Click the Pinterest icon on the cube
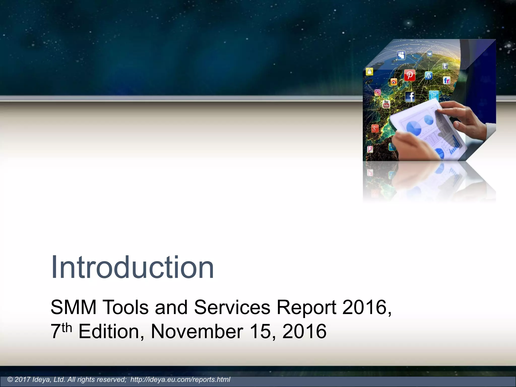click(x=409, y=75)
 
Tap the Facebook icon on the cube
click(x=410, y=96)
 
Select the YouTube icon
click(x=386, y=104)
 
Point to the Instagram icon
click(x=377, y=92)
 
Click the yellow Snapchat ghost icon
click(x=369, y=72)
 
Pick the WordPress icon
click(x=429, y=75)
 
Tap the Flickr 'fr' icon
click(x=446, y=80)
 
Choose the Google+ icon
click(x=375, y=128)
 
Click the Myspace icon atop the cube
click(x=401, y=55)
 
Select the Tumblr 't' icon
click(x=445, y=66)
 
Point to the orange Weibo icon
click(x=394, y=82)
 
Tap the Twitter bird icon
click(x=434, y=95)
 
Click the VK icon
click(x=430, y=54)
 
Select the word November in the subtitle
click(x=197, y=331)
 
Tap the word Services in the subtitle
click(x=232, y=307)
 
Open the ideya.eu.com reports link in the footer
click(x=180, y=380)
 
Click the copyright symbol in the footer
click(x=10, y=380)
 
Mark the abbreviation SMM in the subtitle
click(x=73, y=307)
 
